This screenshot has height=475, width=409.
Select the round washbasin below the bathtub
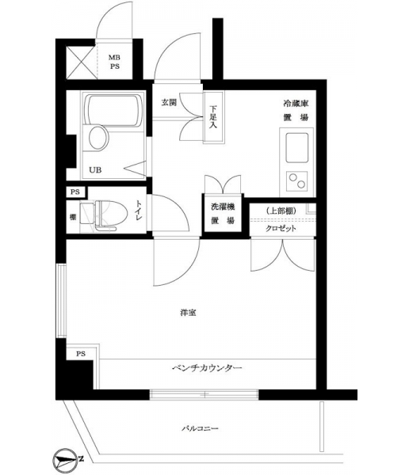(99, 138)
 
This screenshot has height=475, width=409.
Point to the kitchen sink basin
(297, 148)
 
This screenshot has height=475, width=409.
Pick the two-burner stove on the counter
(297, 180)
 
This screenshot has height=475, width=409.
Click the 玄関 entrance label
(168, 103)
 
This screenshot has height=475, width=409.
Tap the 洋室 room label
(188, 313)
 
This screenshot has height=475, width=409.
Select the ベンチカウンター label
(207, 368)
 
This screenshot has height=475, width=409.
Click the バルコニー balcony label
(200, 428)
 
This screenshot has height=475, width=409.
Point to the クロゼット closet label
(281, 229)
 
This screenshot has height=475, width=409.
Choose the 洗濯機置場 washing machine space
(223, 214)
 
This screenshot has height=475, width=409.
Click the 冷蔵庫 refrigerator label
(296, 104)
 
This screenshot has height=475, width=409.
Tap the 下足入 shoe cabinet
(213, 116)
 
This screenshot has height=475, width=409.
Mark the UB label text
(95, 170)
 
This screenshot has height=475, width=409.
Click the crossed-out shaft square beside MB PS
(81, 63)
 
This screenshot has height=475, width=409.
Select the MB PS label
(114, 62)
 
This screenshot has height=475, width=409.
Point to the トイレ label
(139, 210)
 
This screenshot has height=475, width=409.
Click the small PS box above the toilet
(76, 192)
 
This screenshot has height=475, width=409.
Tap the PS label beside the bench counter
(81, 354)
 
